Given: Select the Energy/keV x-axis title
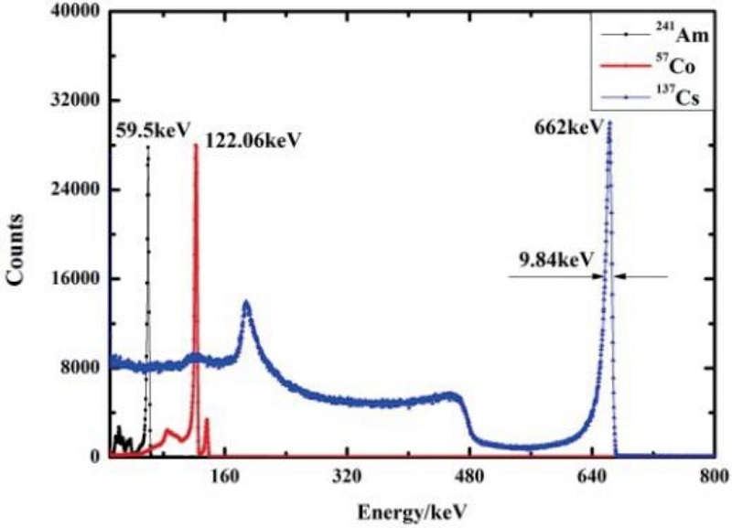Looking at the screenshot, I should click(411, 506).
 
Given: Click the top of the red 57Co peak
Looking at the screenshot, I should click(195, 145).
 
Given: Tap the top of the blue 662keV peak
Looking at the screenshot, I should click(608, 122).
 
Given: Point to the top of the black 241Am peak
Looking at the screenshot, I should click(147, 147).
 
